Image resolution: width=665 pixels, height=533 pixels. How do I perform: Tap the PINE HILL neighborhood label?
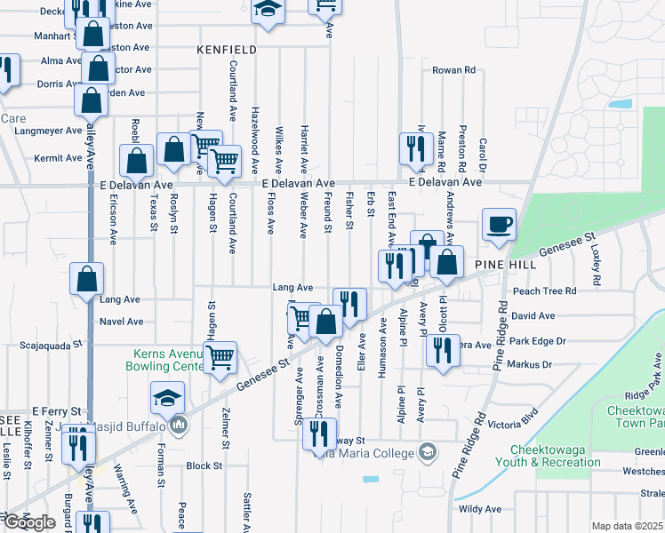[x=503, y=266]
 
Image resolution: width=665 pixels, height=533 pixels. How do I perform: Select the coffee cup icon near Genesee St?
[x=499, y=224]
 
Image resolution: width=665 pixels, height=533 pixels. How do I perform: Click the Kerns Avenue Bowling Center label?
[x=163, y=360]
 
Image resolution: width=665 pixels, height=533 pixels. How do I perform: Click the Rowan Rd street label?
[x=454, y=70]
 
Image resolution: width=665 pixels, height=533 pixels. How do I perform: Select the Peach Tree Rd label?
[x=545, y=290]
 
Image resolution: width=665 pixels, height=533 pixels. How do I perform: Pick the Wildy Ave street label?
[x=480, y=509]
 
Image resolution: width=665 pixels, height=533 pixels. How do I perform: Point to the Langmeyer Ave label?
[x=48, y=131]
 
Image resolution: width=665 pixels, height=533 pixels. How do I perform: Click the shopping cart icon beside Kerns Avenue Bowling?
[x=220, y=357]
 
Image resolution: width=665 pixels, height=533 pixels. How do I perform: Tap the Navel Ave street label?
[x=122, y=322]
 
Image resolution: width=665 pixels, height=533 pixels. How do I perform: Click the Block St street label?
[x=204, y=465]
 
